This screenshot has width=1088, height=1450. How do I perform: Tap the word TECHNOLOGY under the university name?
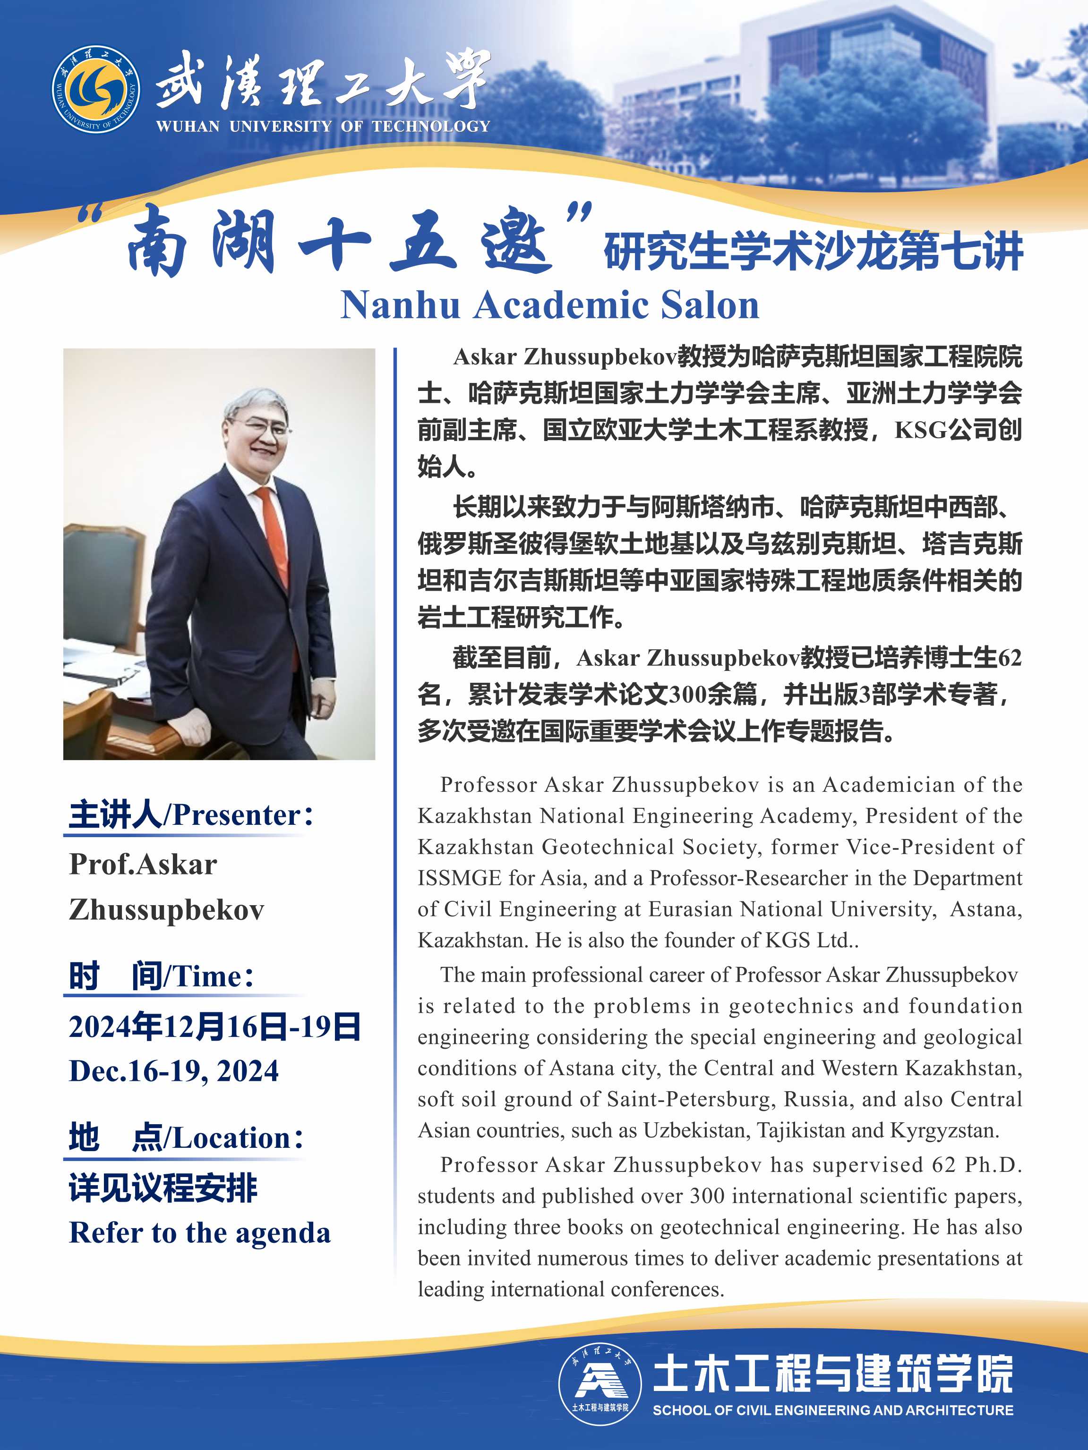click(x=431, y=126)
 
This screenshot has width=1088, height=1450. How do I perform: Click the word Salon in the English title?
click(x=710, y=305)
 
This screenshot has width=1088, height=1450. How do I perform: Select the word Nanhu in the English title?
click(x=399, y=305)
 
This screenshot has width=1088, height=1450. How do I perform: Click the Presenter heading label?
click(x=190, y=815)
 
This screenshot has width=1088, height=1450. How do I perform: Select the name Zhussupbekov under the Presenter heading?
click(x=167, y=910)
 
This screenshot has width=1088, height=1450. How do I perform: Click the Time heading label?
click(x=161, y=976)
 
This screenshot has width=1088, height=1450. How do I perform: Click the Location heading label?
click(x=186, y=1137)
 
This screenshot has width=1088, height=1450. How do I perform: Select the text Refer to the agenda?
click(x=199, y=1233)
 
